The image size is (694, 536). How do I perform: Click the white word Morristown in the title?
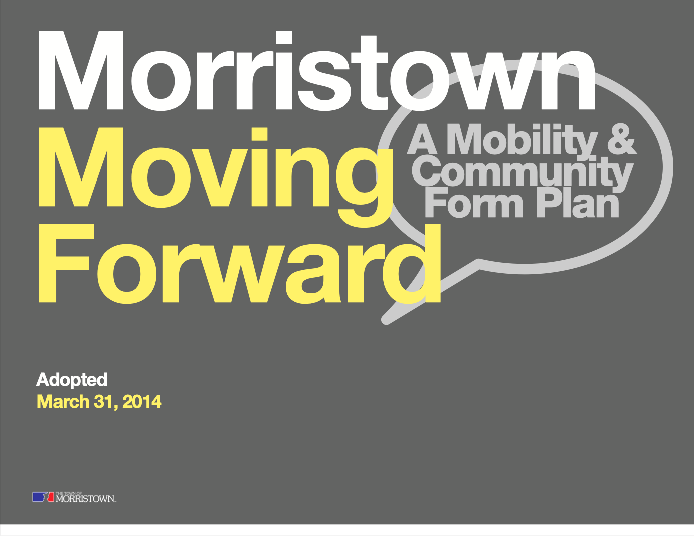(x=316, y=71)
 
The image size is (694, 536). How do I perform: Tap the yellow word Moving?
(x=215, y=177)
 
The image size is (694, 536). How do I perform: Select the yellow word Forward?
(x=240, y=263)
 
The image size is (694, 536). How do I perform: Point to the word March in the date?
(x=63, y=401)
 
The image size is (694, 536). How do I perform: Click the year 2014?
(x=142, y=402)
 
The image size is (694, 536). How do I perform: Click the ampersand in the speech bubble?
(x=622, y=139)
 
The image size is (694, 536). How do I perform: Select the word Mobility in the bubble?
(x=522, y=140)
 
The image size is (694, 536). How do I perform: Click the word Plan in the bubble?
(x=578, y=203)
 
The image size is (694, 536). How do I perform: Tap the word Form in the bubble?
(x=474, y=203)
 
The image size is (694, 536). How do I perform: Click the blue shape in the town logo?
(x=39, y=497)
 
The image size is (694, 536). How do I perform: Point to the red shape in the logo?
(x=51, y=497)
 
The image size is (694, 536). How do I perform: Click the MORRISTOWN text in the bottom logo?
(x=85, y=499)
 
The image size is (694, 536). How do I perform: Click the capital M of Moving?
(x=81, y=167)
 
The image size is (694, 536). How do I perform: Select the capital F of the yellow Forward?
(x=66, y=263)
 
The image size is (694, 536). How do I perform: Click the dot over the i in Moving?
(x=259, y=134)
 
